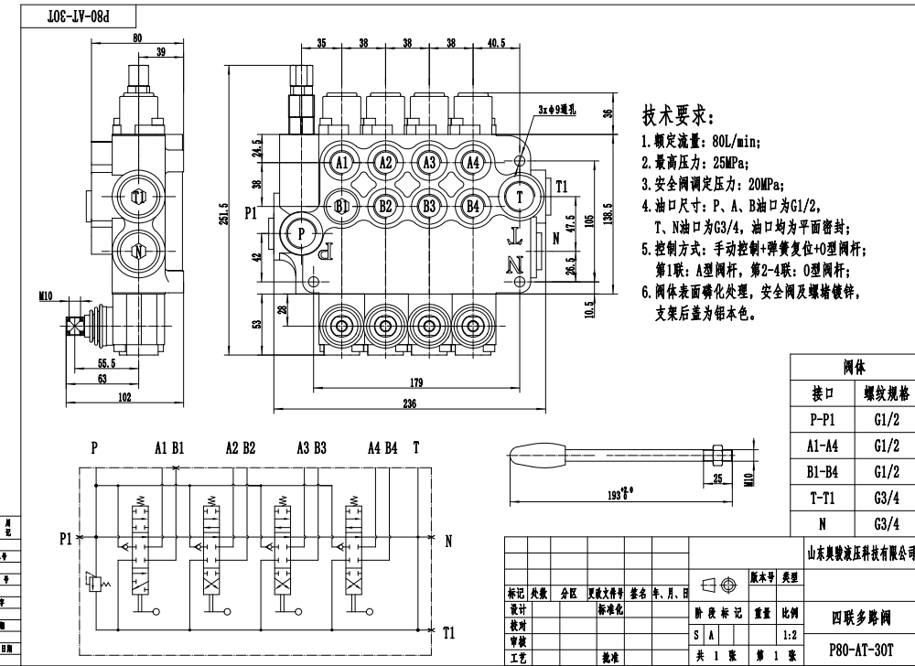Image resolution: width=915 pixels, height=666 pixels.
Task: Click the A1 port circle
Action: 342,163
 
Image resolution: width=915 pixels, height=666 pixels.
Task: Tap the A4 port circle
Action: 472,163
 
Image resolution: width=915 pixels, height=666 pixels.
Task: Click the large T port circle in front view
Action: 521,196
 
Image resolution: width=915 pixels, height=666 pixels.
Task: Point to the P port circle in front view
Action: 301,233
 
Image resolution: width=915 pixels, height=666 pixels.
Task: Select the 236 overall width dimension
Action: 408,403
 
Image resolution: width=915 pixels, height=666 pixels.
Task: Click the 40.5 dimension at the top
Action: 497,43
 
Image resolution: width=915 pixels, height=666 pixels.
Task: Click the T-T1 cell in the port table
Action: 821,499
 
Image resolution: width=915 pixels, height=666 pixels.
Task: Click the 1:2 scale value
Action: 788,634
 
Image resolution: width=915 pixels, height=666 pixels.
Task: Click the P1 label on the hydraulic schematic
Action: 65,539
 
